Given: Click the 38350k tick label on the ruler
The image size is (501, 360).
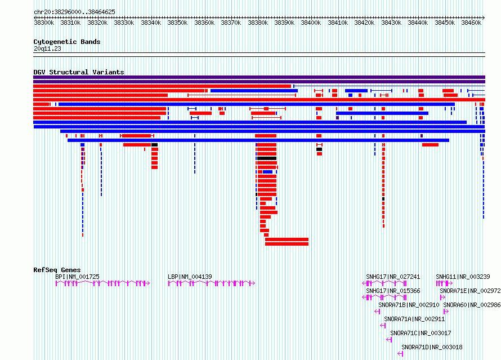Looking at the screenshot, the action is pyautogui.click(x=177, y=23).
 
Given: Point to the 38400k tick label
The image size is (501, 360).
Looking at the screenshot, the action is pyautogui.click(x=311, y=23).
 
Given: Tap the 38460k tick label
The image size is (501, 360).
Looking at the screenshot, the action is pyautogui.click(x=471, y=23).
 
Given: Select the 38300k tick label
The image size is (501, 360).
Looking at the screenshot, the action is pyautogui.click(x=44, y=23).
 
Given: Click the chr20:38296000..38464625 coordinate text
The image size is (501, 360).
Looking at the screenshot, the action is pyautogui.click(x=74, y=12).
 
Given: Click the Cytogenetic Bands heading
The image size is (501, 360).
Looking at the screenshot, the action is pyautogui.click(x=67, y=42).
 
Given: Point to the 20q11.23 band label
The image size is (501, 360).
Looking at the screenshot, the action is pyautogui.click(x=47, y=48).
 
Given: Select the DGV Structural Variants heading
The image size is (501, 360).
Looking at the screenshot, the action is pyautogui.click(x=79, y=72).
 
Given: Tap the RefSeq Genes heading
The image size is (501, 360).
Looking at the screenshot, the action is pyautogui.click(x=57, y=270).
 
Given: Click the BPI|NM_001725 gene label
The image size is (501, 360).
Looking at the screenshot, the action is pyautogui.click(x=77, y=277).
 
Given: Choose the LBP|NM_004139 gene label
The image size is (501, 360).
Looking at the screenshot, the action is pyautogui.click(x=190, y=277).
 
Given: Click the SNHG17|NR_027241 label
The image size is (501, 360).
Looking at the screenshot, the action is pyautogui.click(x=393, y=277).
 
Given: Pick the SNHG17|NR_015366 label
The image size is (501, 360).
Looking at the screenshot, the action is pyautogui.click(x=393, y=291).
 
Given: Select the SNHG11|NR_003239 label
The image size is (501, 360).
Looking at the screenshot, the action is pyautogui.click(x=463, y=277).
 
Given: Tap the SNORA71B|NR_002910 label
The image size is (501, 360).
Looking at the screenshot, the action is pyautogui.click(x=409, y=305).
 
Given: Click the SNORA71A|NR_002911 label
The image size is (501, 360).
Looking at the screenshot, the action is pyautogui.click(x=414, y=319).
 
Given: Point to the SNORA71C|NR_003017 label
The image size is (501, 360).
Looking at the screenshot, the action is pyautogui.click(x=421, y=333).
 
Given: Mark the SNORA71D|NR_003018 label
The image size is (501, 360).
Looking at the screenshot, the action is pyautogui.click(x=432, y=347).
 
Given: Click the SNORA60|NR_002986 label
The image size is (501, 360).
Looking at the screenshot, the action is pyautogui.click(x=472, y=305).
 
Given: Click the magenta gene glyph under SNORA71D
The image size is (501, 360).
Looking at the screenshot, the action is pyautogui.click(x=400, y=354).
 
